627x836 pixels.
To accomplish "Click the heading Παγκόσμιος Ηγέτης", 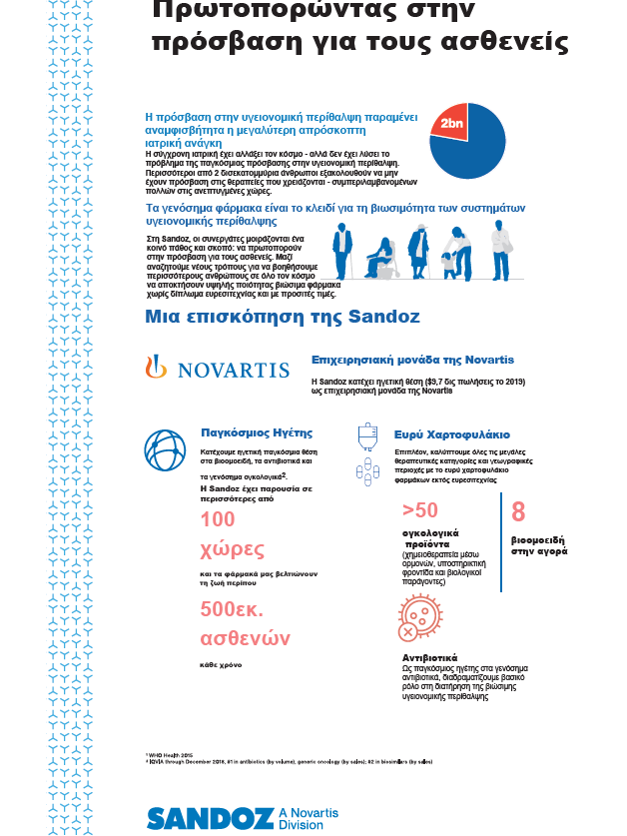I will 258,433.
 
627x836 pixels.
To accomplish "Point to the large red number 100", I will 219,518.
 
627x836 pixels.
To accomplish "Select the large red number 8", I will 518,512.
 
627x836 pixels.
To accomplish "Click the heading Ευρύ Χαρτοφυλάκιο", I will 452,435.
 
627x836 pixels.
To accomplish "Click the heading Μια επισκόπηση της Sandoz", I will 283,318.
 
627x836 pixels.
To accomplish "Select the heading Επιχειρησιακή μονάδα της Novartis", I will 412,359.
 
